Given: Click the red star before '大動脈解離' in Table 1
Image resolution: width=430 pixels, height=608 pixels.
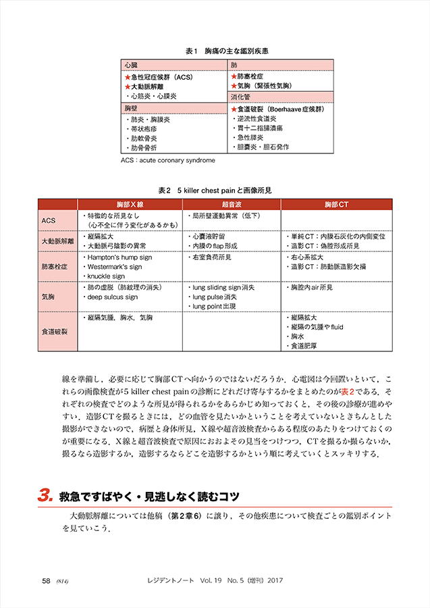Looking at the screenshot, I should [126, 86].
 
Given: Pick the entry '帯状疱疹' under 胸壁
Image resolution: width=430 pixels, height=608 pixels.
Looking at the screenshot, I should [148, 128].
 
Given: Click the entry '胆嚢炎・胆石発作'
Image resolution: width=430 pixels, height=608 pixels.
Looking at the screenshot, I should [263, 147].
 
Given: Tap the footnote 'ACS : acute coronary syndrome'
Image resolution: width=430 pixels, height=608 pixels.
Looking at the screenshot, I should [167, 161].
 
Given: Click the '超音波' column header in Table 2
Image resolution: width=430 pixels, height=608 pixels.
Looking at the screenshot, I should [232, 203].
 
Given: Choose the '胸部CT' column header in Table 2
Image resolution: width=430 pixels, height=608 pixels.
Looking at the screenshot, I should [335, 203].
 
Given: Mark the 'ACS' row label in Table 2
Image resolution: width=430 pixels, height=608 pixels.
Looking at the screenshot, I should [49, 220].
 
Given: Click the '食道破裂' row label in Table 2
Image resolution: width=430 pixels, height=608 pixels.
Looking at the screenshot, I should [53, 331].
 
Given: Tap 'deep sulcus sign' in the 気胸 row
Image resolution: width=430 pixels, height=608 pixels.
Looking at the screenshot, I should [112, 297].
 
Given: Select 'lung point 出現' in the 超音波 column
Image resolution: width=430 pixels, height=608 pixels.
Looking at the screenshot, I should [213, 306].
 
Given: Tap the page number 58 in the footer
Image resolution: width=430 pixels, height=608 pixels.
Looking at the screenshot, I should [47, 580].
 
